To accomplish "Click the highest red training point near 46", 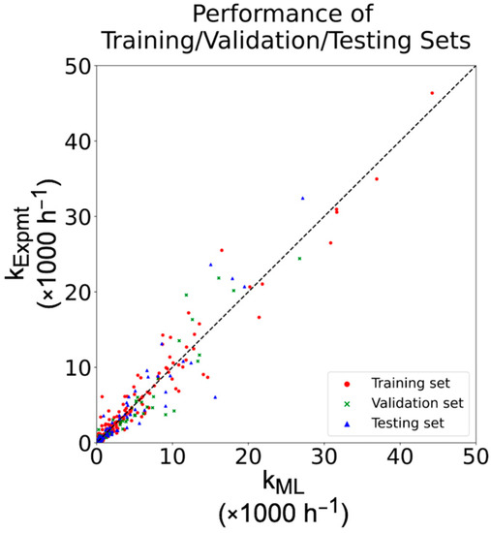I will pos(432,93).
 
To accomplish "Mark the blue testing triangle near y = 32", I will pos(303,198).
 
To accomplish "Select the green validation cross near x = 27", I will pos(299,259).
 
